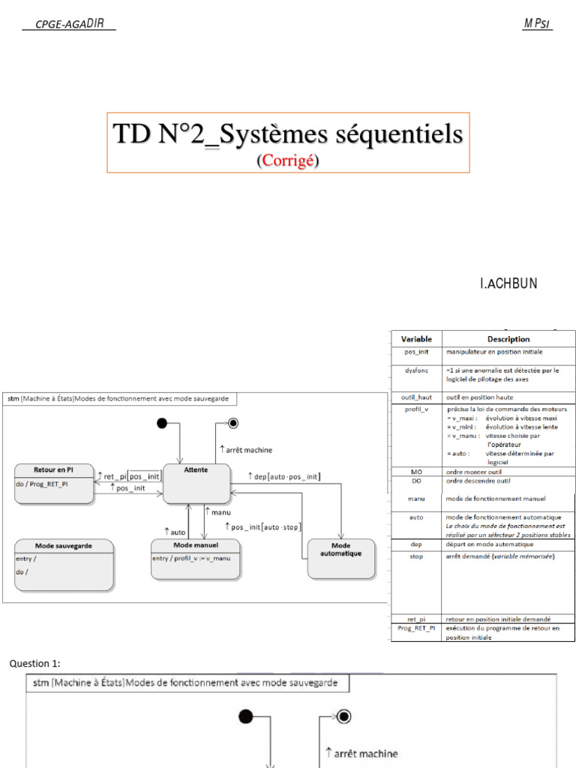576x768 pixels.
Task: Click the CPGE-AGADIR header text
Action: pyautogui.click(x=69, y=25)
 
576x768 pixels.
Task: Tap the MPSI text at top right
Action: pyautogui.click(x=537, y=24)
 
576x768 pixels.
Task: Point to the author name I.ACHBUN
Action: pyautogui.click(x=508, y=283)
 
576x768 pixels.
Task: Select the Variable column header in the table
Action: pyautogui.click(x=416, y=339)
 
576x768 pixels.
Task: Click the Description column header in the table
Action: pyautogui.click(x=508, y=339)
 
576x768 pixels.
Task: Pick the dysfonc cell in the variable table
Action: pyautogui.click(x=416, y=370)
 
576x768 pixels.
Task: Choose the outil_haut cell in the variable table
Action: pyautogui.click(x=416, y=397)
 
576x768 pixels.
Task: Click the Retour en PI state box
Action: pyautogui.click(x=54, y=484)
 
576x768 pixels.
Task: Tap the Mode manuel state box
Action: pyautogui.click(x=195, y=559)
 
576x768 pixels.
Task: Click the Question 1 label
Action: pyautogui.click(x=34, y=664)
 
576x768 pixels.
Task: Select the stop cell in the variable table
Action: pyautogui.click(x=416, y=556)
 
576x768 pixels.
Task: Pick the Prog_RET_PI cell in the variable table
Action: pyautogui.click(x=416, y=628)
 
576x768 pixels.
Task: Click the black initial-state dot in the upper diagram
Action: pyautogui.click(x=161, y=424)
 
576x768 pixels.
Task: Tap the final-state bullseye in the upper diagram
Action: pyautogui.click(x=232, y=424)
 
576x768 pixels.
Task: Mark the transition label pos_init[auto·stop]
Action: pyautogui.click(x=262, y=527)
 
